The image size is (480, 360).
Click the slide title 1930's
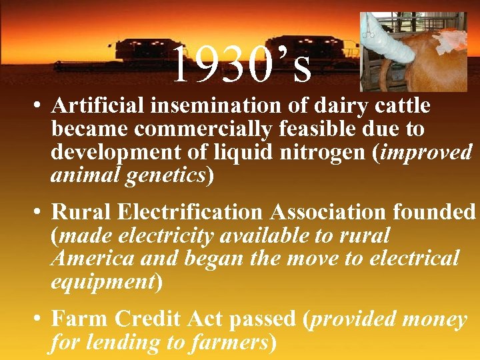pyautogui.click(x=242, y=65)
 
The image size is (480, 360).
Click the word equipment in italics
pyautogui.click(x=103, y=281)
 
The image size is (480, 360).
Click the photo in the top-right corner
pyautogui.click(x=413, y=51)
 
